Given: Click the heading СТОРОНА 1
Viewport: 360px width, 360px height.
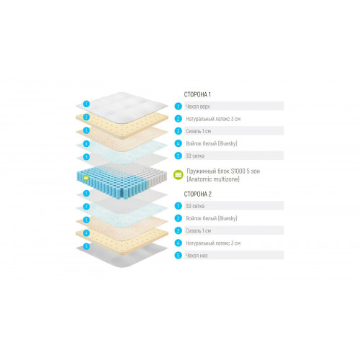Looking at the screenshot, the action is (x=197, y=94).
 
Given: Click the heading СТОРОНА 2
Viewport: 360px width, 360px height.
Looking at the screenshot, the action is (x=198, y=194).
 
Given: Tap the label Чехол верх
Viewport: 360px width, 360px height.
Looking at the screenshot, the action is (x=198, y=107).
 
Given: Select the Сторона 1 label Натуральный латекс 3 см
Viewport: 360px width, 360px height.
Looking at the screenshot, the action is (x=213, y=119).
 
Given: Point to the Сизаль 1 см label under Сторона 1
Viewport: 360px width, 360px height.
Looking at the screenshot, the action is (x=198, y=131).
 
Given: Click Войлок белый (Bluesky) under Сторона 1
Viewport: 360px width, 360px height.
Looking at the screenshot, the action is (x=212, y=143).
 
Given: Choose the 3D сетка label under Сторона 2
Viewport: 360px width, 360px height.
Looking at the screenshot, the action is (x=195, y=206).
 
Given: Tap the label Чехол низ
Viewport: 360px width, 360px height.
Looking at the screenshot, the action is (x=197, y=256).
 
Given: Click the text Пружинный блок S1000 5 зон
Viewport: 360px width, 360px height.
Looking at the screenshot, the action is (x=223, y=171).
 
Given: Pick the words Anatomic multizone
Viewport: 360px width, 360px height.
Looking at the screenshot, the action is (x=213, y=179).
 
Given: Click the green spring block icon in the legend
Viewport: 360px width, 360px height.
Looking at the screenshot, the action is (x=179, y=175).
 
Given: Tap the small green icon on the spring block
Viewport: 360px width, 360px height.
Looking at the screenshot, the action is (x=86, y=178).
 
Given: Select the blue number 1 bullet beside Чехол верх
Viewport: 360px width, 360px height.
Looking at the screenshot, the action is (x=178, y=107).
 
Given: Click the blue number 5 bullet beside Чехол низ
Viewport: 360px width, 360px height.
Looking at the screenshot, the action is (x=178, y=256).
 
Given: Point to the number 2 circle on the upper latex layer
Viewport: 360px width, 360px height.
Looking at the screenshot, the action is (x=86, y=117).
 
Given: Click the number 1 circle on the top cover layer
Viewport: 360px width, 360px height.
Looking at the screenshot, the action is (x=86, y=104).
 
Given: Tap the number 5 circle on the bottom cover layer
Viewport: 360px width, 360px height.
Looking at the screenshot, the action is (x=86, y=246).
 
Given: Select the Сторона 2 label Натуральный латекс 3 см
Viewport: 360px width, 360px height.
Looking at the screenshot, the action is (x=213, y=243).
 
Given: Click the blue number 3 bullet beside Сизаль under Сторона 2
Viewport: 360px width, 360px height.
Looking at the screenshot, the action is (x=178, y=230).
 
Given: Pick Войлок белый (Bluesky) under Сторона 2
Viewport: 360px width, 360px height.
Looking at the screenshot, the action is (x=212, y=218).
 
